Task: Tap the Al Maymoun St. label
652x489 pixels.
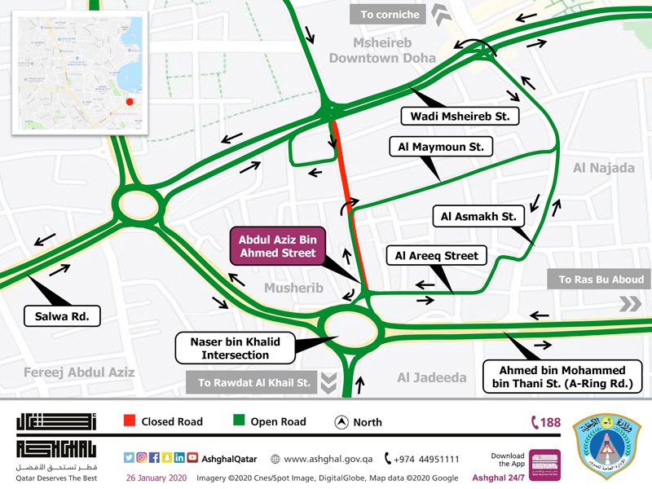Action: (441, 147)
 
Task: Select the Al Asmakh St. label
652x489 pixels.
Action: (478, 217)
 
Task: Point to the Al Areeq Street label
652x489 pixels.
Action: (436, 256)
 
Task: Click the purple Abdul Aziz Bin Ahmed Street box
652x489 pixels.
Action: (276, 247)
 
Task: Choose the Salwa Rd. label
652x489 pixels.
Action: (62, 315)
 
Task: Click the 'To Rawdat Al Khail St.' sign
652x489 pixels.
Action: (253, 381)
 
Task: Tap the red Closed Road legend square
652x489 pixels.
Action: (128, 421)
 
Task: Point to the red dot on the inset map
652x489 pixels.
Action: (129, 102)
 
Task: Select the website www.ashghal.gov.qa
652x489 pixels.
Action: (324, 459)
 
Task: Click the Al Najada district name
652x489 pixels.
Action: (603, 168)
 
